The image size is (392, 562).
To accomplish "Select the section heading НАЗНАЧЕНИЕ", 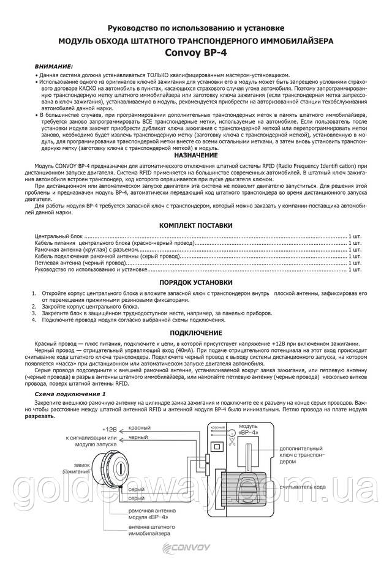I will pyautogui.click(x=196, y=156).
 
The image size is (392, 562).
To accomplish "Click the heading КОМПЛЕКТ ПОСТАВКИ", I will pyautogui.click(x=195, y=225).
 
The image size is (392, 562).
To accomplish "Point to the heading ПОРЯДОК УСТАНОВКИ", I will pyautogui.click(x=195, y=283).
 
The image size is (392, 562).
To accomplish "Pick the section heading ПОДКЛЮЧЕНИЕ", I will pyautogui.click(x=195, y=332).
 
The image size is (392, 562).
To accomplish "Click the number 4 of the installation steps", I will pyautogui.click(x=34, y=320).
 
